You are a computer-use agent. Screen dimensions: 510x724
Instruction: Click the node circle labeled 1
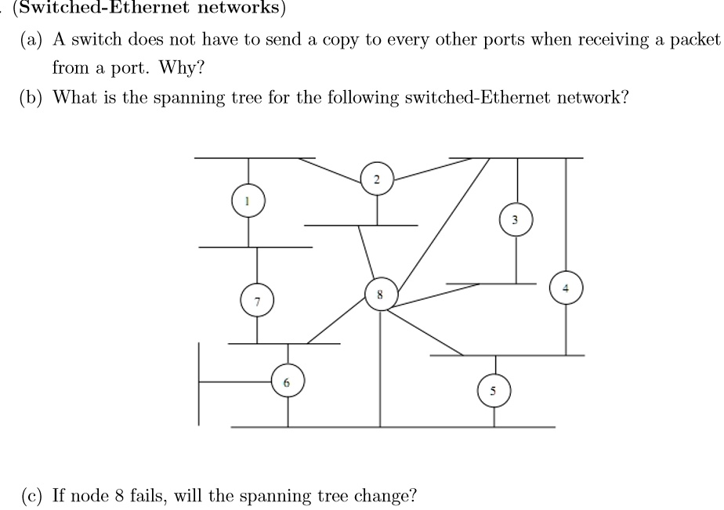pyautogui.click(x=248, y=202)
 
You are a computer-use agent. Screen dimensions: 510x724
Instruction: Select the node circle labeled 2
pyautogui.click(x=377, y=180)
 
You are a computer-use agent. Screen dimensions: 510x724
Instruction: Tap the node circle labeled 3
pyautogui.click(x=515, y=221)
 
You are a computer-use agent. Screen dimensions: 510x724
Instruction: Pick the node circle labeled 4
pyautogui.click(x=566, y=288)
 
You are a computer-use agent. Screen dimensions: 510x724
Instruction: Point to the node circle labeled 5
pyautogui.click(x=494, y=391)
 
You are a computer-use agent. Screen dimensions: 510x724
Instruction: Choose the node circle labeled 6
pyautogui.click(x=287, y=383)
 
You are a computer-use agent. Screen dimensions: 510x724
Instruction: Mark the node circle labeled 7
pyautogui.click(x=257, y=300)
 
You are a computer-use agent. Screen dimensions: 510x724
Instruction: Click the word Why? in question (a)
pyautogui.click(x=181, y=67)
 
